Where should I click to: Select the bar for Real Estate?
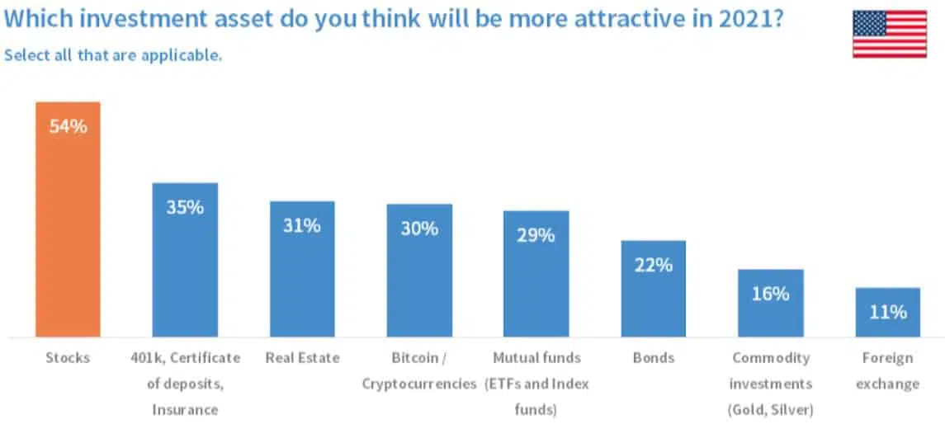coord(302,280)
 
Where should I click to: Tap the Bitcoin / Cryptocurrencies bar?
coord(419,280)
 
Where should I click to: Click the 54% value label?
coord(68,127)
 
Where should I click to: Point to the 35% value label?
coord(185,207)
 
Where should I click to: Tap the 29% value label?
coord(536,235)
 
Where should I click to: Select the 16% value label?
coord(770,294)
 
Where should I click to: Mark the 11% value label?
coord(887,312)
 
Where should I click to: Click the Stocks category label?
coord(68,358)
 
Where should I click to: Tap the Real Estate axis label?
coord(302,358)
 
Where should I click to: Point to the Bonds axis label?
coord(653,358)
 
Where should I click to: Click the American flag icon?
coord(889,34)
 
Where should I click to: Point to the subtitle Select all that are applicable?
coord(113,55)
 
